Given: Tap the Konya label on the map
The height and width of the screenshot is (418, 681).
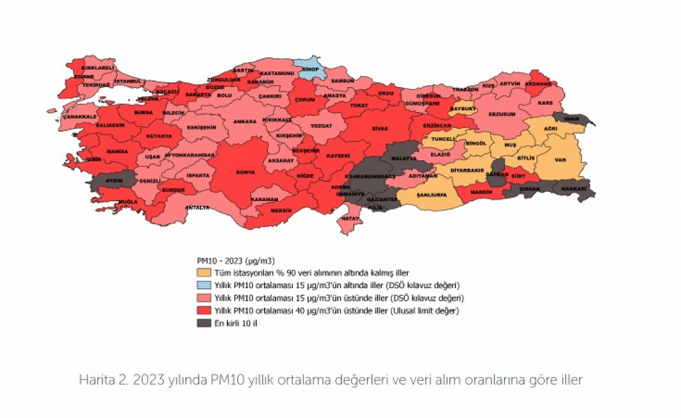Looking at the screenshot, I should click(x=246, y=172).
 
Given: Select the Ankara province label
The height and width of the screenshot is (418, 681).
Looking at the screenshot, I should click(x=245, y=121).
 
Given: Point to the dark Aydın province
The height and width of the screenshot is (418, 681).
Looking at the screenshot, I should click(x=114, y=181).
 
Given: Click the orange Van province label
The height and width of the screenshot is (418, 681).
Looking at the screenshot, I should click(x=560, y=160).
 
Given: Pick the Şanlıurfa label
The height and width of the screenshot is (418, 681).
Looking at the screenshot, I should click(x=432, y=195).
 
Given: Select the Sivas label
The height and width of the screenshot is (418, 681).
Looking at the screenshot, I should click(x=380, y=129).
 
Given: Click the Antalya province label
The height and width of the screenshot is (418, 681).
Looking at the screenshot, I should click(x=198, y=208).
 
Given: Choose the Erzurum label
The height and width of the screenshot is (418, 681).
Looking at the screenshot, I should click(x=502, y=114).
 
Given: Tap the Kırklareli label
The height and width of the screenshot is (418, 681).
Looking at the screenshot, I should click(x=98, y=68).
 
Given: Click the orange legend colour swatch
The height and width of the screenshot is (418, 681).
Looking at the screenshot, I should click(x=204, y=272).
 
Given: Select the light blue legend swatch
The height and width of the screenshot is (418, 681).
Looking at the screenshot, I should click(x=204, y=285).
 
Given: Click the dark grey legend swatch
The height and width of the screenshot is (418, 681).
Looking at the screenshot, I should click(x=204, y=323).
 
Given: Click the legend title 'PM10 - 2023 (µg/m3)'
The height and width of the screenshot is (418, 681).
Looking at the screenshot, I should click(x=236, y=261).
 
